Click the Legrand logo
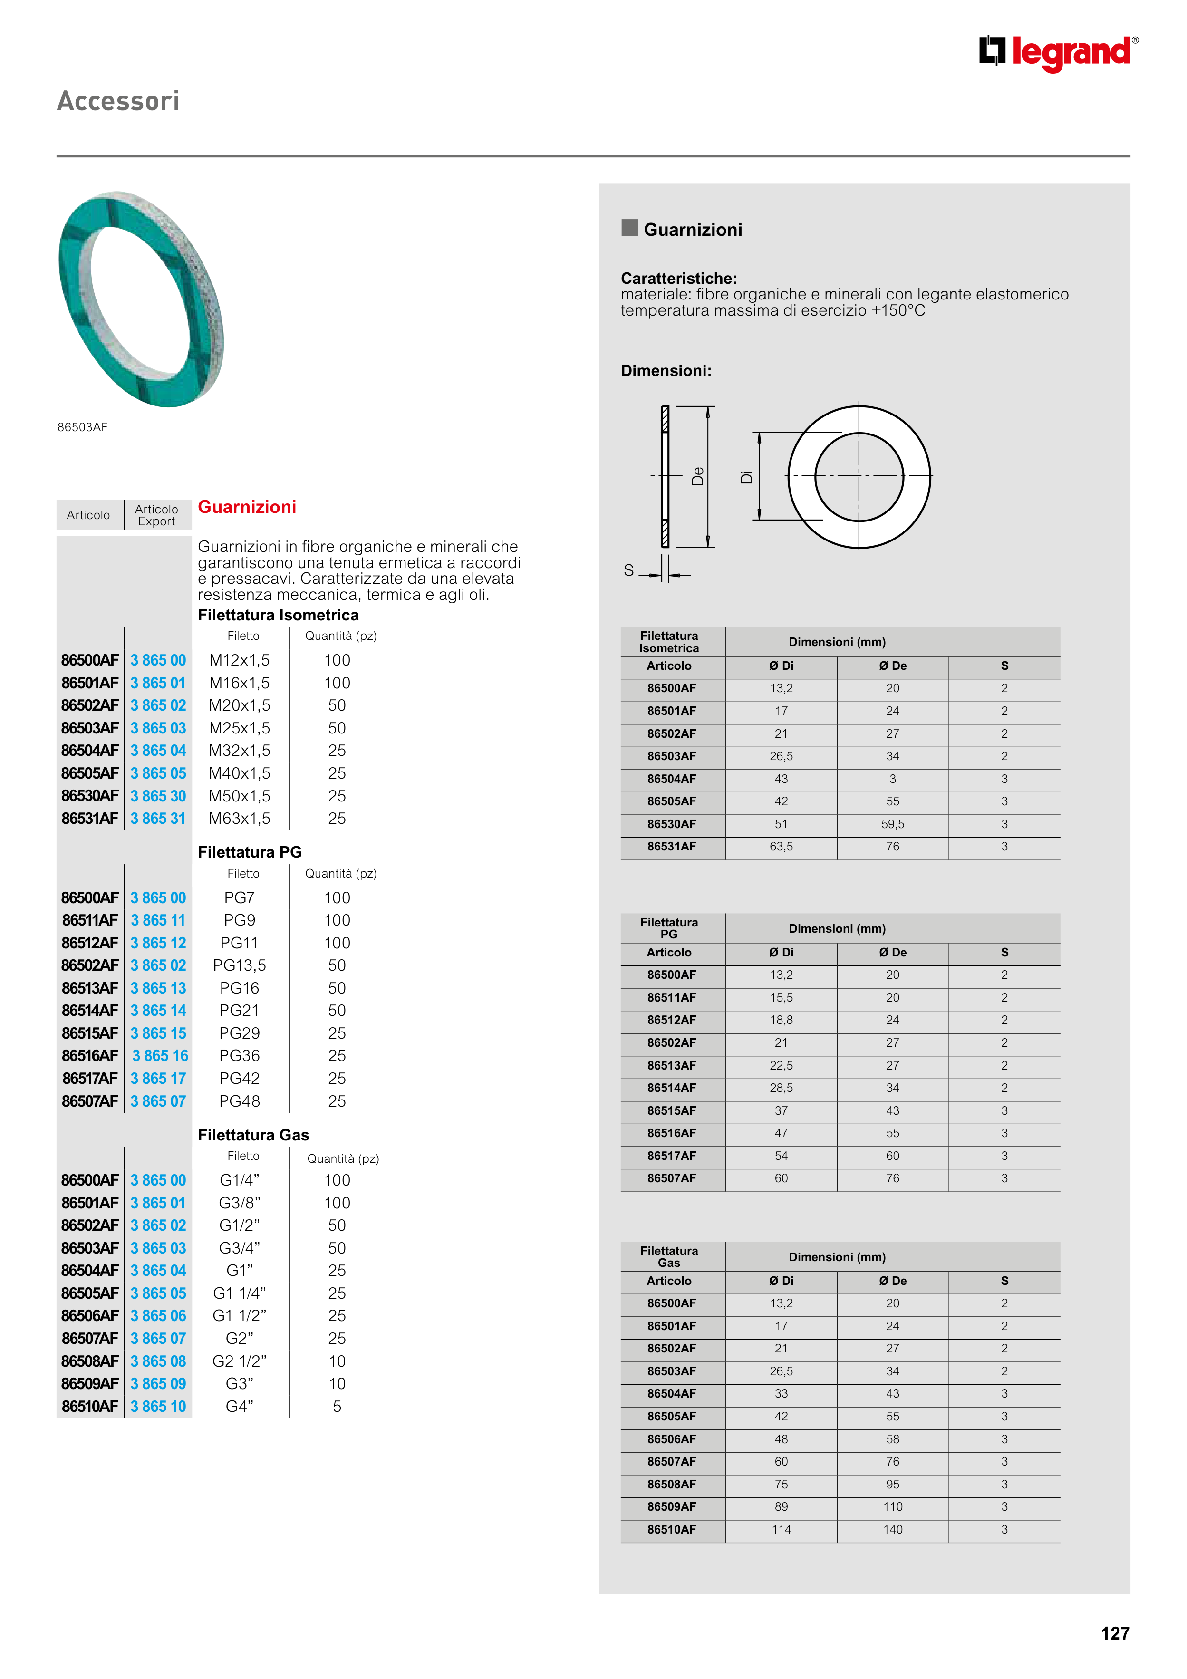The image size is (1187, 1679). [1058, 53]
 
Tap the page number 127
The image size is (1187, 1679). [1115, 1633]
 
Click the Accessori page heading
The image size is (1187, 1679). [118, 101]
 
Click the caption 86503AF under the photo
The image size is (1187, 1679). [83, 427]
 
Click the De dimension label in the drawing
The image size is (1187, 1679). [698, 476]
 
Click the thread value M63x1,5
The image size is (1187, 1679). [239, 818]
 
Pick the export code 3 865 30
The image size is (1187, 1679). [158, 796]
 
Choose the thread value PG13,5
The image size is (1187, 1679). [239, 965]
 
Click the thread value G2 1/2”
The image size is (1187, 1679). [239, 1361]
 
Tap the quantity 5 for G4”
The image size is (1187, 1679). [337, 1406]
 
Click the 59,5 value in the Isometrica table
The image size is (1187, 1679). [892, 824]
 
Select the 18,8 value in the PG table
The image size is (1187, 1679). [781, 1020]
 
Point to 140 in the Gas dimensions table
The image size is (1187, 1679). [892, 1529]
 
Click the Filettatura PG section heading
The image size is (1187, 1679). [250, 852]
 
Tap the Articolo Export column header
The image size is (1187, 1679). [156, 515]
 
